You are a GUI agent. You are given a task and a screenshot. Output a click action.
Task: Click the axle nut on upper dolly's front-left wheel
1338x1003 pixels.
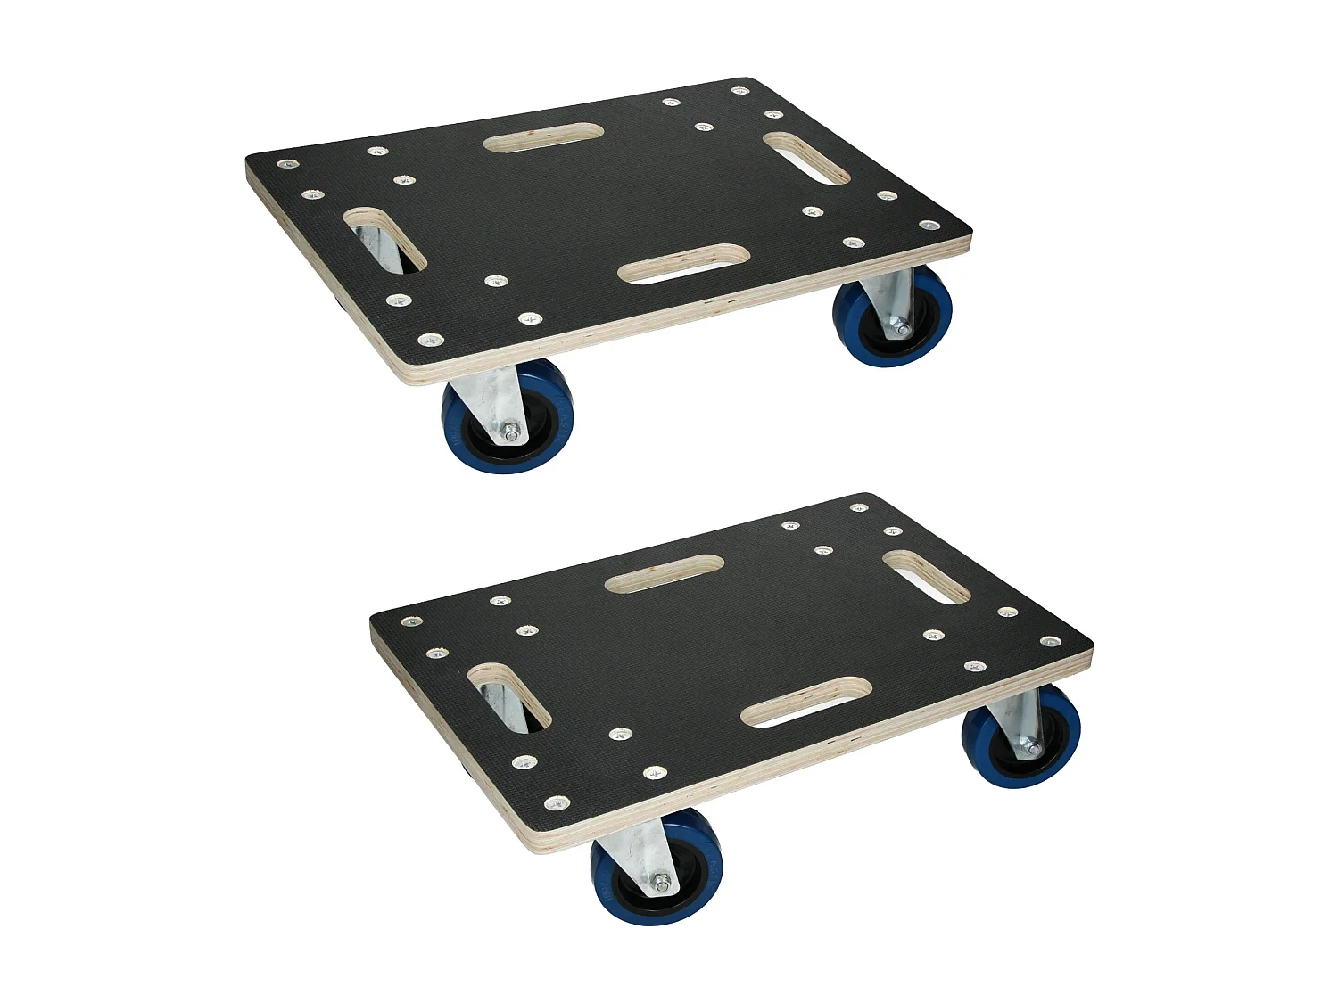[512, 435]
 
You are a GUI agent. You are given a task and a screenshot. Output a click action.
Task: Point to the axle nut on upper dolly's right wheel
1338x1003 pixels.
[904, 330]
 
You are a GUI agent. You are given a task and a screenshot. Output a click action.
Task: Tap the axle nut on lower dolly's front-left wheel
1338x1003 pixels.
[662, 884]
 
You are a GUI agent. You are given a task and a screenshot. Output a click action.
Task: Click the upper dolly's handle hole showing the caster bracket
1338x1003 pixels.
[384, 240]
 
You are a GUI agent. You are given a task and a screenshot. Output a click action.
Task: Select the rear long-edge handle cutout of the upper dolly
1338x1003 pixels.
[543, 137]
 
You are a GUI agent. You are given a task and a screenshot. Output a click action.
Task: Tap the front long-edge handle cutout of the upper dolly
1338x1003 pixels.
[682, 264]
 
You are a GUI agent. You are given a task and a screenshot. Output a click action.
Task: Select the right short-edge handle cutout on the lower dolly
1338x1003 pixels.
[925, 577]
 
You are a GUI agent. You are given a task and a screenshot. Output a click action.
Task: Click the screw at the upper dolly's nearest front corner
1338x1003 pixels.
[430, 339]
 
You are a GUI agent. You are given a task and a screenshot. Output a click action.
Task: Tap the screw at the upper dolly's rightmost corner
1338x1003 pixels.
[929, 226]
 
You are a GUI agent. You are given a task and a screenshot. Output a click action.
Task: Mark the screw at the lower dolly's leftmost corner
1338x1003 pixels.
[409, 621]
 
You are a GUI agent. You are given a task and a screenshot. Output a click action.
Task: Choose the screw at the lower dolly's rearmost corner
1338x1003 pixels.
[858, 507]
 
